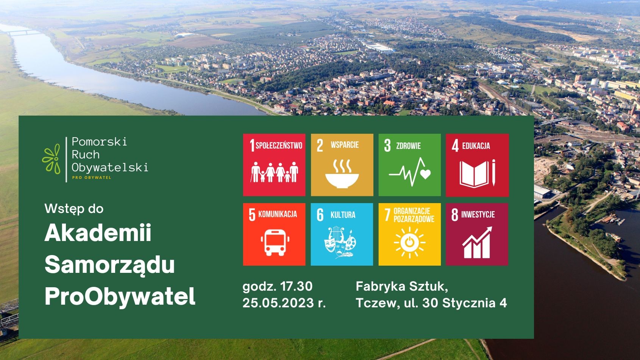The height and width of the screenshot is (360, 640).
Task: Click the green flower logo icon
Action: coord(52,159)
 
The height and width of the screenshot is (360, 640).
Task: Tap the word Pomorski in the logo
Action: coord(99,142)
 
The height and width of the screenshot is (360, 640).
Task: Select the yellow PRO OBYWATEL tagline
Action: coord(91,178)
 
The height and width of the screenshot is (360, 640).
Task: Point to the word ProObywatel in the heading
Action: coord(120,296)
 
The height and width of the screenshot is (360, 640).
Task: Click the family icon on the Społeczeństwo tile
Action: coord(274,172)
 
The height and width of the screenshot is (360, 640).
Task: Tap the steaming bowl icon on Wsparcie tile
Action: coord(342,174)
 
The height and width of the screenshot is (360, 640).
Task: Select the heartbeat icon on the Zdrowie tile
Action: coord(410,172)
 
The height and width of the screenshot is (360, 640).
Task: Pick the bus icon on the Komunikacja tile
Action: coord(275,243)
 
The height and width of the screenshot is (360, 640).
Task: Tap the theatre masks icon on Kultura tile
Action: coord(340,242)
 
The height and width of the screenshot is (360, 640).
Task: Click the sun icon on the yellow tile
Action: coord(410,243)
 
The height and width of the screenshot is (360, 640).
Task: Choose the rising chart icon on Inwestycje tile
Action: coord(477,243)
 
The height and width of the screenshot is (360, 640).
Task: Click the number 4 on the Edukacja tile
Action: coord(455,146)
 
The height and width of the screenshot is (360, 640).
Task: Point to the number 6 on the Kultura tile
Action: coord(320,215)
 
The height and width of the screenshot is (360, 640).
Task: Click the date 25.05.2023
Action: coord(278,303)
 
